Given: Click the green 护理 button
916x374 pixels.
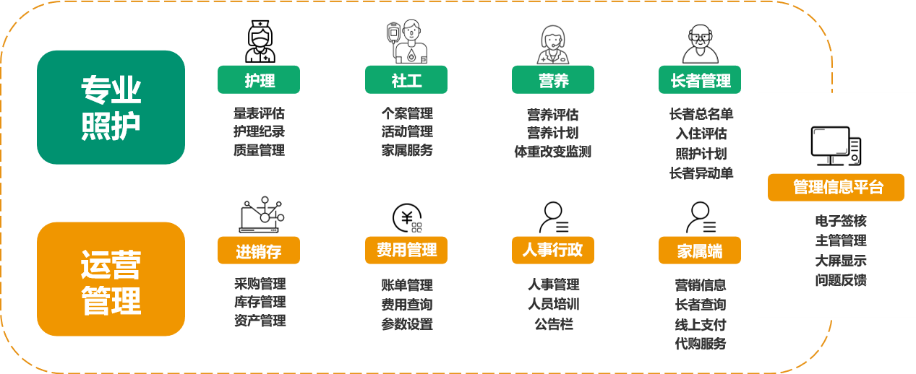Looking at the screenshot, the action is pyautogui.click(x=259, y=79).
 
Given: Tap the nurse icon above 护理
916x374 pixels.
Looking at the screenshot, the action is pyautogui.click(x=260, y=41).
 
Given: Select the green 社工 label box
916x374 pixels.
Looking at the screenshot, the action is pyautogui.click(x=406, y=79).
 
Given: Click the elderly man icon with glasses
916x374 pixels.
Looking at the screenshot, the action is pyautogui.click(x=700, y=44).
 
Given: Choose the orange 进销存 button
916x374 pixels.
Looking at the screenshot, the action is pyautogui.click(x=259, y=251).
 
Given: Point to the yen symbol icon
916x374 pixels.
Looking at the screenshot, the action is pyautogui.click(x=407, y=218).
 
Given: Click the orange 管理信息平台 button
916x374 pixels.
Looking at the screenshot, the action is pyautogui.click(x=836, y=188).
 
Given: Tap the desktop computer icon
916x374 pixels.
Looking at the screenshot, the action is pyautogui.click(x=836, y=146).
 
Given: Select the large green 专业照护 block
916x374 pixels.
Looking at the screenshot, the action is pyautogui.click(x=111, y=108).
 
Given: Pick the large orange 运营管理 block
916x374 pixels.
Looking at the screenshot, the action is pyautogui.click(x=111, y=279).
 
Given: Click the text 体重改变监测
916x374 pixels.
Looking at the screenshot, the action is pyautogui.click(x=553, y=152).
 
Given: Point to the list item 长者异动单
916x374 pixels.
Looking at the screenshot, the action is pyautogui.click(x=701, y=173).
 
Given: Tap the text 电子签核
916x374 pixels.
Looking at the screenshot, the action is pyautogui.click(x=841, y=221).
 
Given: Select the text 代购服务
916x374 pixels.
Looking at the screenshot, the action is pyautogui.click(x=701, y=344).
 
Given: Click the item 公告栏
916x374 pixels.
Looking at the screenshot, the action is pyautogui.click(x=554, y=324).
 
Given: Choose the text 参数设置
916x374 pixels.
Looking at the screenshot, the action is pyautogui.click(x=407, y=324).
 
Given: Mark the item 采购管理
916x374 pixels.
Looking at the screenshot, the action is pyautogui.click(x=260, y=283).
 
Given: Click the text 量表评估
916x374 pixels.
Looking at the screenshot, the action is pyautogui.click(x=259, y=113).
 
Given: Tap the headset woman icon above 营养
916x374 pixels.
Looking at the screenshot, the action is pyautogui.click(x=553, y=45).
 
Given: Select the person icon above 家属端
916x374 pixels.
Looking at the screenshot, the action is pyautogui.click(x=701, y=217).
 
